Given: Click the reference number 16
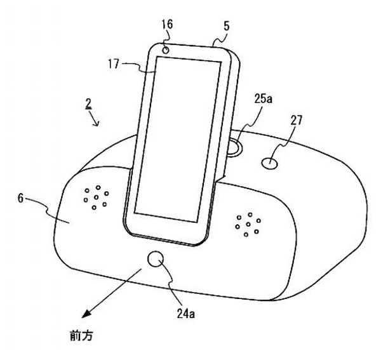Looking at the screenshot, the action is pyautogui.click(x=168, y=24).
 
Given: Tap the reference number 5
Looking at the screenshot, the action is pyautogui.click(x=226, y=26).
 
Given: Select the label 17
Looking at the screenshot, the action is pyautogui.click(x=114, y=64).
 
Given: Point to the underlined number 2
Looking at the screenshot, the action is pyautogui.click(x=88, y=104).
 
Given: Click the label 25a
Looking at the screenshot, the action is pyautogui.click(x=264, y=99).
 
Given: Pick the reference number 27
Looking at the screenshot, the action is pyautogui.click(x=296, y=120).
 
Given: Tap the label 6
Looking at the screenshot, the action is pyautogui.click(x=21, y=199).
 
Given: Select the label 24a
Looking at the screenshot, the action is pyautogui.click(x=185, y=314).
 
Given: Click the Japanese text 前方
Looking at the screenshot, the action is pyautogui.click(x=82, y=335).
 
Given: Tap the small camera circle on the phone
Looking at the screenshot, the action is pyautogui.click(x=166, y=50).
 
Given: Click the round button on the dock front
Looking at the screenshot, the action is pyautogui.click(x=156, y=259).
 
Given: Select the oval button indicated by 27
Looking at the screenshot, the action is pyautogui.click(x=270, y=163).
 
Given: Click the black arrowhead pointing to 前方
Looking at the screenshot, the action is pyautogui.click(x=86, y=314).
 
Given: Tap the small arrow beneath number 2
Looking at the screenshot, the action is pyautogui.click(x=94, y=118).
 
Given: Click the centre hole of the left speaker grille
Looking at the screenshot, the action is pyautogui.click(x=97, y=197).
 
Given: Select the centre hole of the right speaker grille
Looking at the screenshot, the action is pyautogui.click(x=248, y=224).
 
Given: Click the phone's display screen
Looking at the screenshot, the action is pyautogui.click(x=178, y=139).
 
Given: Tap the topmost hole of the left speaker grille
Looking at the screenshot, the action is pyautogui.click(x=98, y=187).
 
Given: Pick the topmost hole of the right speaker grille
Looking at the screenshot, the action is pyautogui.click(x=250, y=215).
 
